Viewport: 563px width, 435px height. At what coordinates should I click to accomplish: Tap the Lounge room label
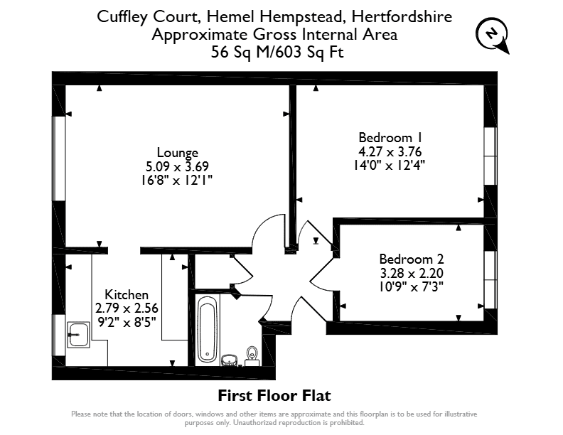(178, 153)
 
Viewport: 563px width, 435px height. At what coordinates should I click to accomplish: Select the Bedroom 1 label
(390, 137)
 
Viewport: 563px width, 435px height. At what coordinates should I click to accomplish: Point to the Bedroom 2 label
(412, 259)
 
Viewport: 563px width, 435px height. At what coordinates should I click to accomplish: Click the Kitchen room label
(127, 295)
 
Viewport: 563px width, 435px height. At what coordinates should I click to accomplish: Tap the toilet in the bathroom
(252, 356)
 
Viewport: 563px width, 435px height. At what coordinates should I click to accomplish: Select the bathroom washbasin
(230, 360)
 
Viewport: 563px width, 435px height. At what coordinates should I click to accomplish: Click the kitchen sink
(78, 335)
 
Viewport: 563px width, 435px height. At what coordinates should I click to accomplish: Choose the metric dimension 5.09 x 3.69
(178, 166)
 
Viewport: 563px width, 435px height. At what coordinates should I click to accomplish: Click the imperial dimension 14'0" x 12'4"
(390, 166)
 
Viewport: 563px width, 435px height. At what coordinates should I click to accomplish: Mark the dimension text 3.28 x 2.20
(412, 273)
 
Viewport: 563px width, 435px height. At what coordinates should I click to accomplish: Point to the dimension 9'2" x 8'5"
(127, 322)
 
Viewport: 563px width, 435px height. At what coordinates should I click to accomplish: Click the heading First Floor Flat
(274, 395)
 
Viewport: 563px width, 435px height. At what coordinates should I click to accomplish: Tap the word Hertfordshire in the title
(402, 16)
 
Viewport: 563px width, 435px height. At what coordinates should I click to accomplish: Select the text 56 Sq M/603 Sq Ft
(277, 52)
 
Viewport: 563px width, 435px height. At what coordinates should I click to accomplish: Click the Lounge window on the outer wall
(59, 159)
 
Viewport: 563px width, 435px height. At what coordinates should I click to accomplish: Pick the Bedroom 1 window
(490, 156)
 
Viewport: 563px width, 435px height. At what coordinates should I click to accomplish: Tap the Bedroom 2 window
(490, 280)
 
